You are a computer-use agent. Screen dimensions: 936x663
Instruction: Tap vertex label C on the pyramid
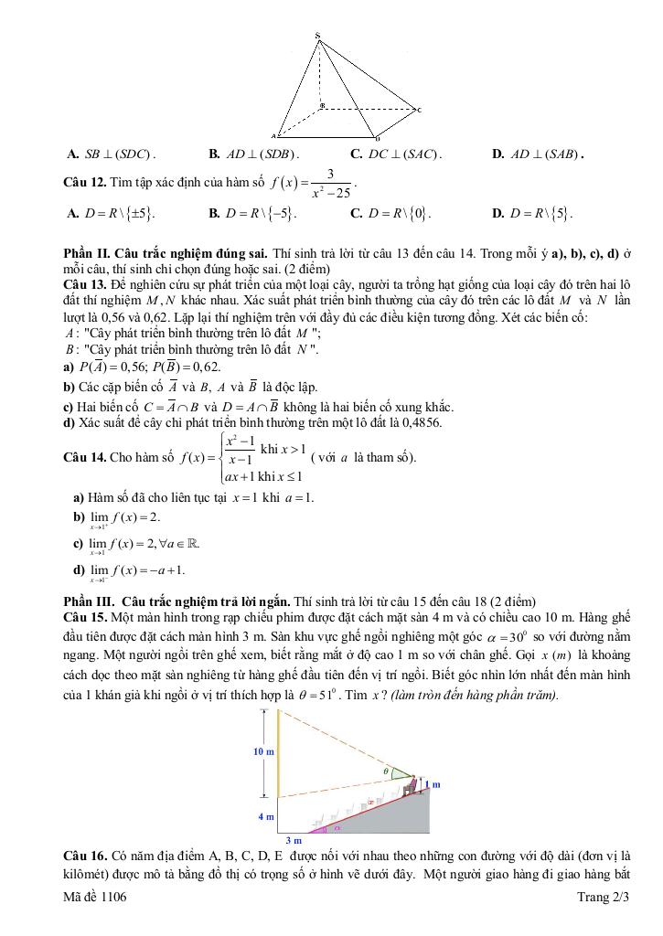pyautogui.click(x=419, y=111)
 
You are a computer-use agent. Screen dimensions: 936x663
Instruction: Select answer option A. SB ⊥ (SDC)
pyautogui.click(x=112, y=154)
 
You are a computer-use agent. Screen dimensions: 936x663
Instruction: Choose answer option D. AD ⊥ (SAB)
pyautogui.click(x=538, y=154)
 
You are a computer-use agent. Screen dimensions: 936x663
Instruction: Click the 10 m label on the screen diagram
pyautogui.click(x=262, y=750)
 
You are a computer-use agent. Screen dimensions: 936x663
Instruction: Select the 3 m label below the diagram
pyautogui.click(x=294, y=839)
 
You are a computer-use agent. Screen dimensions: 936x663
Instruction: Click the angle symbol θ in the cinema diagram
pyautogui.click(x=386, y=771)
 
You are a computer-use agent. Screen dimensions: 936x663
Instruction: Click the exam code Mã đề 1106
pyautogui.click(x=94, y=899)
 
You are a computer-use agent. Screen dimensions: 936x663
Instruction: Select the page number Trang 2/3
pyautogui.click(x=604, y=899)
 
